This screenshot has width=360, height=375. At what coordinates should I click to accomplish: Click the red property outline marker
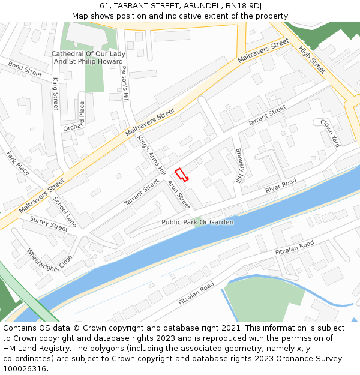(181, 174)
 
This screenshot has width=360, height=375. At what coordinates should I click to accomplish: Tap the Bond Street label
(25, 69)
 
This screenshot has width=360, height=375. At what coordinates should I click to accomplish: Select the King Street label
(56, 94)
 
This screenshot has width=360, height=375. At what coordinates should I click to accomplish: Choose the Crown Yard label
(329, 133)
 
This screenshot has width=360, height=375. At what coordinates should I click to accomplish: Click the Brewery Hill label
(239, 166)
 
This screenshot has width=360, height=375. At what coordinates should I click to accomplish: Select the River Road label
(281, 185)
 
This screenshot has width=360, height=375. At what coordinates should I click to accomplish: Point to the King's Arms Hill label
(151, 155)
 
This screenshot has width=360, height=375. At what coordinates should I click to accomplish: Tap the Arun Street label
(179, 195)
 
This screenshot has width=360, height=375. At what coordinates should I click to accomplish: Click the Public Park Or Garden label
(197, 222)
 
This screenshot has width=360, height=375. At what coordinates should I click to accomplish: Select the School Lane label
(65, 212)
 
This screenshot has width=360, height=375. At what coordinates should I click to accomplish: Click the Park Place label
(18, 163)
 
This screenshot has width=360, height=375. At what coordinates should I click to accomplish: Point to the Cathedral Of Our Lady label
(88, 54)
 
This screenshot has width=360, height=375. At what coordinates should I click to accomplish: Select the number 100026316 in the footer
(24, 368)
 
